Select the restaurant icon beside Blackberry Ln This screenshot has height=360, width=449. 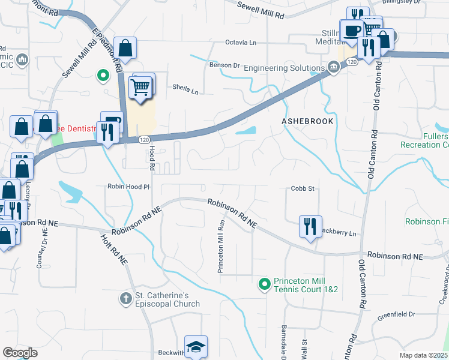pyautogui.click(x=310, y=226)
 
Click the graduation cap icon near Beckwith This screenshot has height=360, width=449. pyautogui.click(x=196, y=346)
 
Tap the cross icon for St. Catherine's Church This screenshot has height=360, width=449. pyautogui.click(x=125, y=298)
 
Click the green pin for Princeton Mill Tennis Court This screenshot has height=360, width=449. pyautogui.click(x=264, y=284)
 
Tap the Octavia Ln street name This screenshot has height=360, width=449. pyautogui.click(x=241, y=43)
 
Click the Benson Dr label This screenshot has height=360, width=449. pyautogui.click(x=224, y=65)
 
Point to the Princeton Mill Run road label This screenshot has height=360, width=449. pyautogui.click(x=221, y=246)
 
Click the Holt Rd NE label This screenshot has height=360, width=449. pyautogui.click(x=113, y=249)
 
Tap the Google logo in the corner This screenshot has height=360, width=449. pyautogui.click(x=20, y=353)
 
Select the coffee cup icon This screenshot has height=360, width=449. pyautogui.click(x=352, y=31)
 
